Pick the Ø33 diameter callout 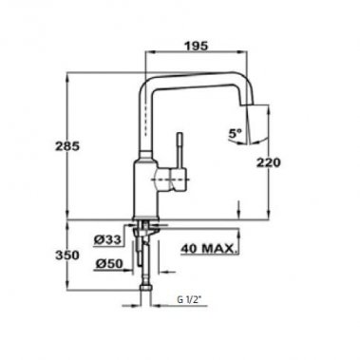(x=106, y=237)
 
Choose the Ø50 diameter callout (x=106, y=261)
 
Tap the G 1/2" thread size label (x=189, y=301)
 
